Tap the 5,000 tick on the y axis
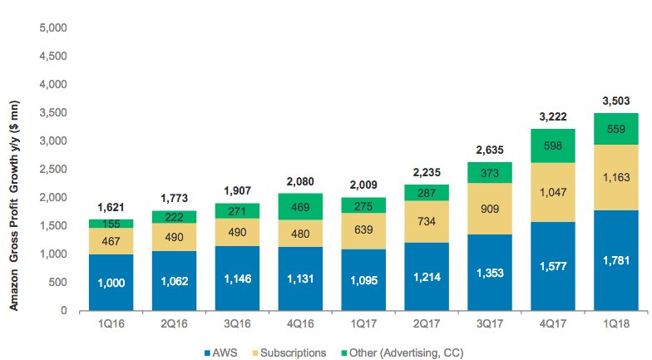click(54, 27)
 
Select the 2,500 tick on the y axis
click(54, 170)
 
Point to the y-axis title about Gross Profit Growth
click(13, 167)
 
